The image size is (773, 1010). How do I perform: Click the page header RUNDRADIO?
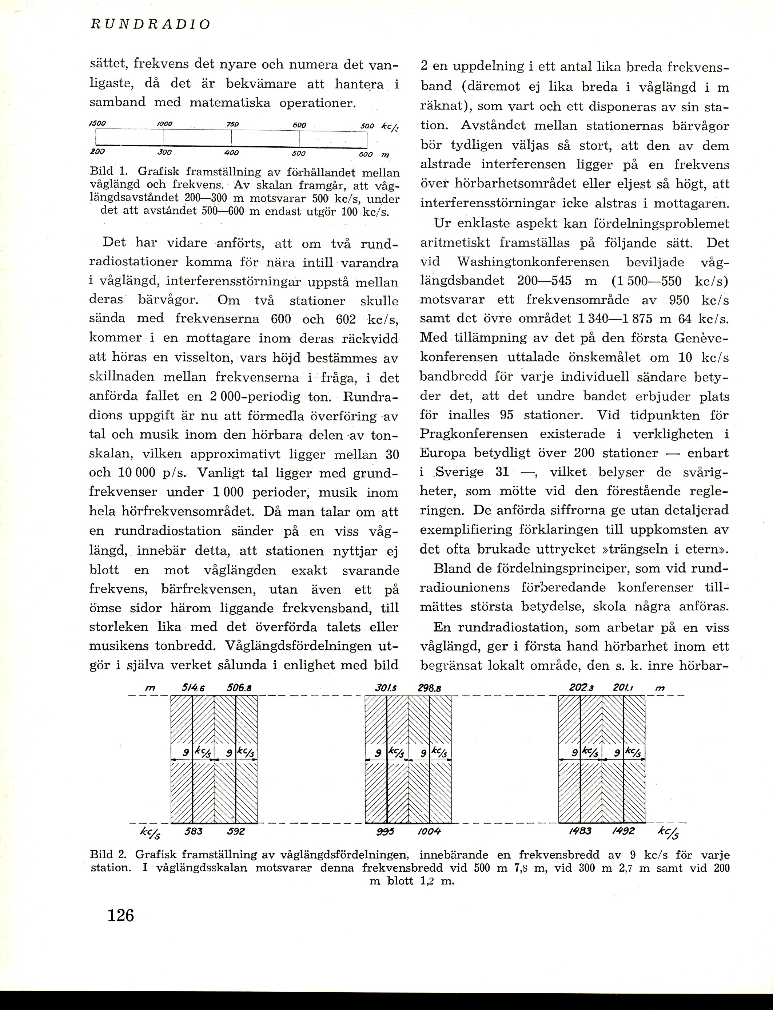150,24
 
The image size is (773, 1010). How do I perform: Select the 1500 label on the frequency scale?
97,124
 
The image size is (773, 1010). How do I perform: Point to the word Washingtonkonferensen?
533,262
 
